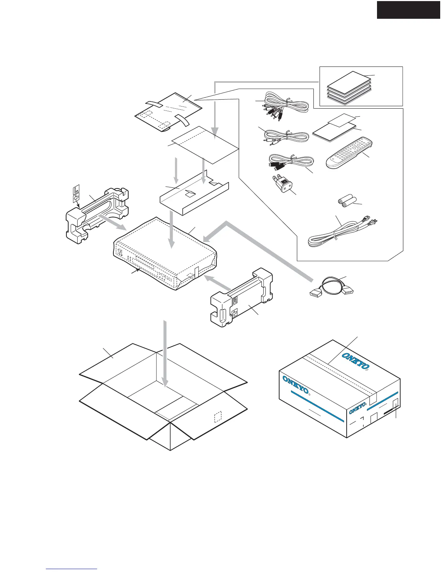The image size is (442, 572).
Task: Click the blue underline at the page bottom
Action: coord(71,569)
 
